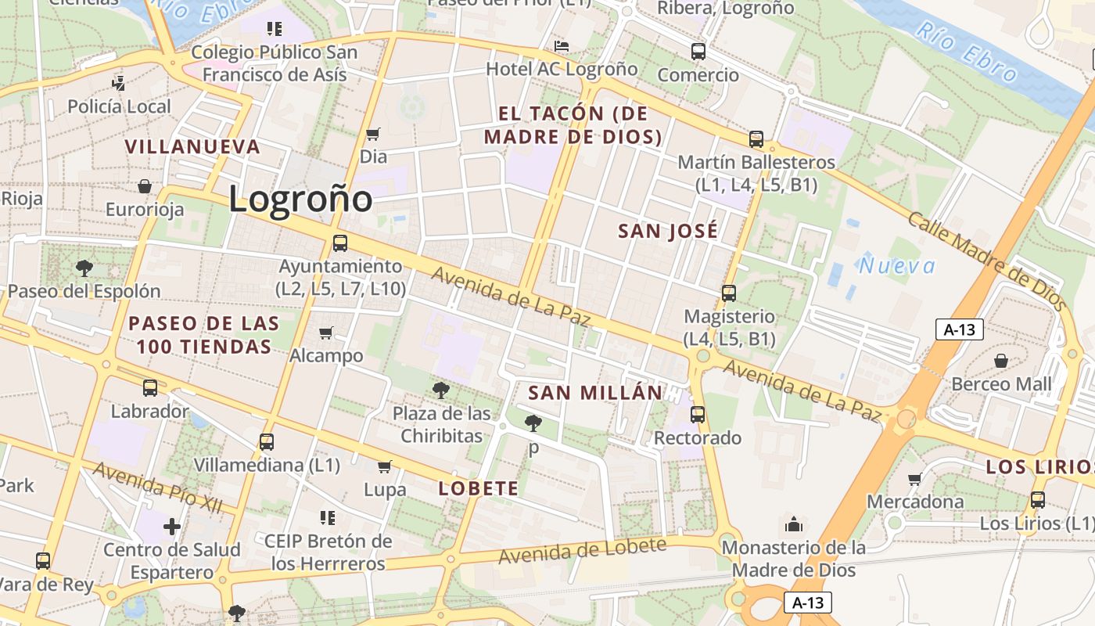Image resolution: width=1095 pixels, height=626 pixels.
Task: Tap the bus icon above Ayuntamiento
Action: click(339, 243)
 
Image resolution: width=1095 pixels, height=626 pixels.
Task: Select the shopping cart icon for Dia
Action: click(373, 135)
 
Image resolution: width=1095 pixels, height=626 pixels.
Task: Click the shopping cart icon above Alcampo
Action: click(326, 333)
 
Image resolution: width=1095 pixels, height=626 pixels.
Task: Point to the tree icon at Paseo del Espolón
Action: click(84, 268)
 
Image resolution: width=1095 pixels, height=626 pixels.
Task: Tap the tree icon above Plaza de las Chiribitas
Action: click(441, 390)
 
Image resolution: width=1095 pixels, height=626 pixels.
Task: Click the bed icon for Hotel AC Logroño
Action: click(562, 46)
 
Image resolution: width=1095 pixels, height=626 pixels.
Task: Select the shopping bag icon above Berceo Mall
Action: click(1001, 361)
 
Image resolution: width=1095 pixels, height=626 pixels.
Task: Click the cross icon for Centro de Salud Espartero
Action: click(172, 526)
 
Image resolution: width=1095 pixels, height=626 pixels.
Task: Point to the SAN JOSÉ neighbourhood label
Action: click(667, 231)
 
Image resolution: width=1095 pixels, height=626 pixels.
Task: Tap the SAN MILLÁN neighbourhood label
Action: click(595, 393)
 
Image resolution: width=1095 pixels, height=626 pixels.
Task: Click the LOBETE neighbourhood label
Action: click(478, 489)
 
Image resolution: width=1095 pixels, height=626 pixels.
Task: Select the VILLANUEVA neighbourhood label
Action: click(192, 146)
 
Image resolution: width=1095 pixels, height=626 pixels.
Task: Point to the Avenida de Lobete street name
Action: click(583, 551)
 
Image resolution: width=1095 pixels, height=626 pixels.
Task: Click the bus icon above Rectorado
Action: click(698, 415)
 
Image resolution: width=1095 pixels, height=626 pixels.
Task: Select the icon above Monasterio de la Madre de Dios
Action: click(794, 524)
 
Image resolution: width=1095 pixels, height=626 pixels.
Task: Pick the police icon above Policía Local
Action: click(118, 83)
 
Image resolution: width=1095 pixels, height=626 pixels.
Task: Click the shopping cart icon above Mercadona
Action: click(914, 479)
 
